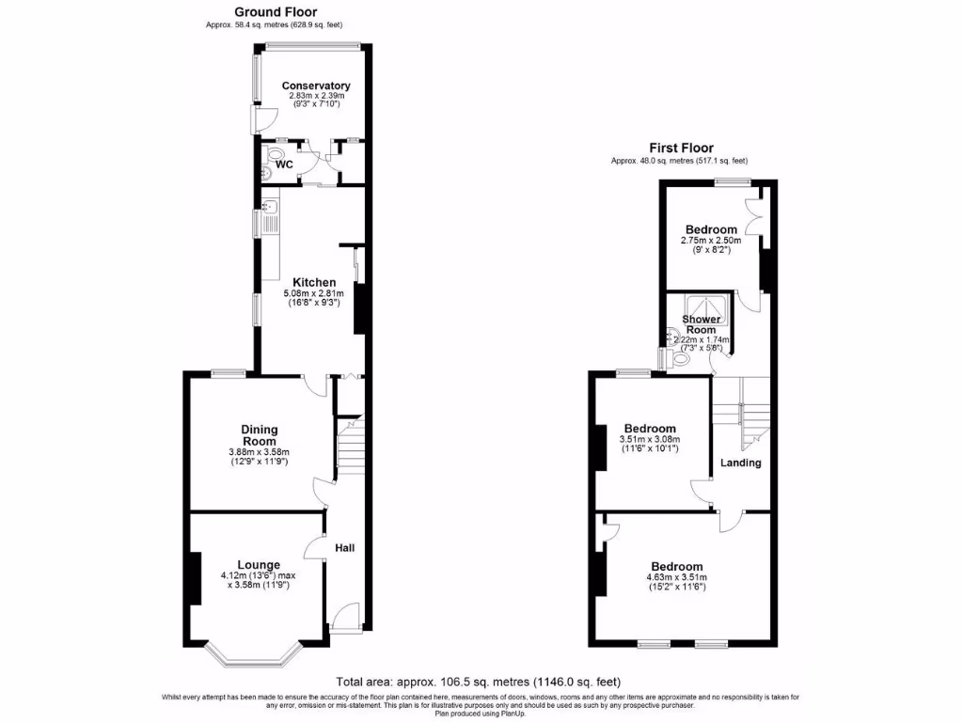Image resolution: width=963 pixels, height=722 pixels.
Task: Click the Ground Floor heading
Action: pyautogui.click(x=249, y=11)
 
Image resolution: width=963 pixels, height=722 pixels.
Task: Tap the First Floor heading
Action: pyautogui.click(x=681, y=148)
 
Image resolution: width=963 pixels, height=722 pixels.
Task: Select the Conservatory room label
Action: pyautogui.click(x=316, y=86)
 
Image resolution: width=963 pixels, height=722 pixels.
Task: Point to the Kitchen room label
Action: pyautogui.click(x=314, y=282)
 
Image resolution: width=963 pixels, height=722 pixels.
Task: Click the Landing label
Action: pyautogui.click(x=740, y=463)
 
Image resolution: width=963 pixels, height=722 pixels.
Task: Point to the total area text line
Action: pyautogui.click(x=478, y=682)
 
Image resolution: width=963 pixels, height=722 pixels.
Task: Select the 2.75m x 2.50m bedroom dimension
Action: pyautogui.click(x=710, y=241)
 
